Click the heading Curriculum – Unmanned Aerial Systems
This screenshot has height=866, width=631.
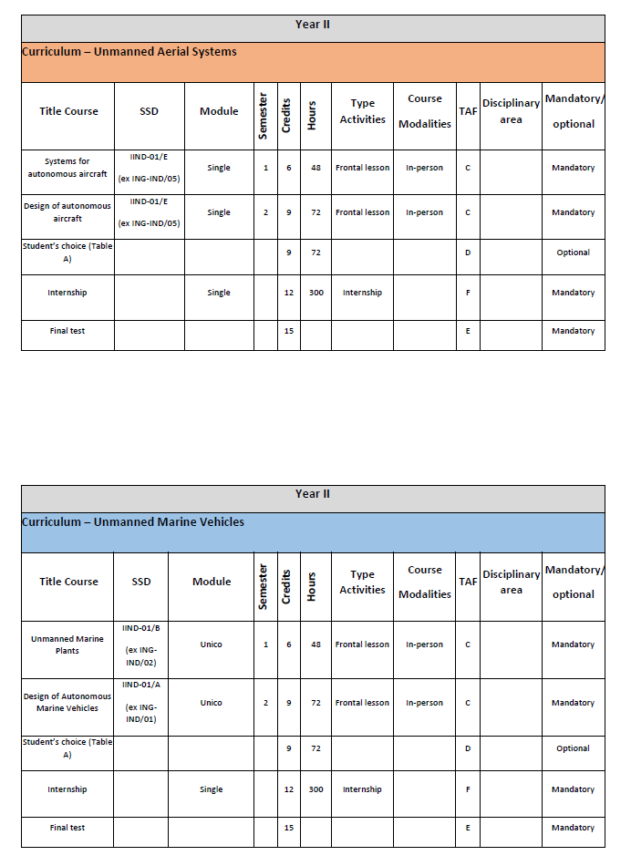click(129, 52)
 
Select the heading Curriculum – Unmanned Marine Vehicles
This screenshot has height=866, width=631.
click(133, 522)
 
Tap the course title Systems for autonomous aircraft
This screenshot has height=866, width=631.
click(67, 168)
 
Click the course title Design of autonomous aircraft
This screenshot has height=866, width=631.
click(67, 212)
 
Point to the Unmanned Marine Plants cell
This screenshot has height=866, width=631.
click(67, 644)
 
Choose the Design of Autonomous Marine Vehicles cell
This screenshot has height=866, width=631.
click(67, 702)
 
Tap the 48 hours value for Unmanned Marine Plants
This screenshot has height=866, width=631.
click(315, 644)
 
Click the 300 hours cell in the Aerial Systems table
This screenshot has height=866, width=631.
click(315, 293)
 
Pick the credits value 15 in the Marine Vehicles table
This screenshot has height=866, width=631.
click(288, 828)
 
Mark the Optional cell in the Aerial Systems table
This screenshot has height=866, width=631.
click(573, 253)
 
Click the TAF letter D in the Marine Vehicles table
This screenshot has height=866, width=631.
click(468, 748)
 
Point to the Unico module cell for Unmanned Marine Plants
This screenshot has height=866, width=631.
click(212, 644)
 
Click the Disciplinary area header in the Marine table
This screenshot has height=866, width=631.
click(511, 582)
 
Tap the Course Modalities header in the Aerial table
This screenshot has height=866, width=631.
click(425, 111)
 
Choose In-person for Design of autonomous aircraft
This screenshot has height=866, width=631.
click(425, 212)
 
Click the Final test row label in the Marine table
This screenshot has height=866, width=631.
click(67, 828)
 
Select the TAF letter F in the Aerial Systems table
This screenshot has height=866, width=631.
click(468, 293)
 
